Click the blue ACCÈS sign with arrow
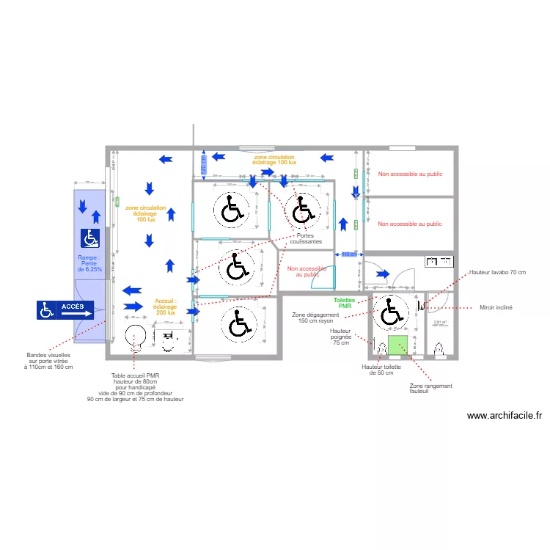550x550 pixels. [66, 310]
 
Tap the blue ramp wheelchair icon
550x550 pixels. [90, 238]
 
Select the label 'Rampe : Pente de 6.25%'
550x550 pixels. [90, 263]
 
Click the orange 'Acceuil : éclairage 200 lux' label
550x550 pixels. [165, 307]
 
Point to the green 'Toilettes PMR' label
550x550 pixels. [345, 303]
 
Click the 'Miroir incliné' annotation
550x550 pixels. [496, 308]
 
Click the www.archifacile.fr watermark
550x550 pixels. [505, 415]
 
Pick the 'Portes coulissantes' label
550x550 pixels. [305, 238]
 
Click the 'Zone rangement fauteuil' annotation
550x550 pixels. [430, 388]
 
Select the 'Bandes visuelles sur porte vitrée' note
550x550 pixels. [48, 361]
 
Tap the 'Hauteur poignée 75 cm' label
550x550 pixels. [341, 337]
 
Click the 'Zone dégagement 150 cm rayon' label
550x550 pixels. [316, 318]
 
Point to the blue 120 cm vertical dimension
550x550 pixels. [203, 166]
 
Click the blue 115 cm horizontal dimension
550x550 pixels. [349, 254]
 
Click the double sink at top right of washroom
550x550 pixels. [441, 260]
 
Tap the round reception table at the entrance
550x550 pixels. [136, 337]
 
